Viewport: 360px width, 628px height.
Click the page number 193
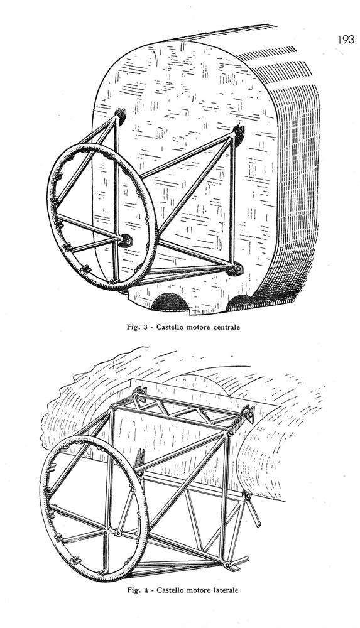pyautogui.click(x=346, y=40)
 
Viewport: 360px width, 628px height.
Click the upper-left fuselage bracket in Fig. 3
pyautogui.click(x=120, y=114)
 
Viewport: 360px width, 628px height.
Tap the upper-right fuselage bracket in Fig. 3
pyautogui.click(x=238, y=134)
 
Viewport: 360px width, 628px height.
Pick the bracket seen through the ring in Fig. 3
pyautogui.click(x=126, y=240)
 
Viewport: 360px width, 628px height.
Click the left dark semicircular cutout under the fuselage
pyautogui.click(x=170, y=303)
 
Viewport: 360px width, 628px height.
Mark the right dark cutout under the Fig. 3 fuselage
pyautogui.click(x=240, y=303)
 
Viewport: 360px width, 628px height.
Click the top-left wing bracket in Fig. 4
pyautogui.click(x=139, y=392)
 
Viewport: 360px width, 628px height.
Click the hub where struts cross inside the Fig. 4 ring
pyautogui.click(x=117, y=533)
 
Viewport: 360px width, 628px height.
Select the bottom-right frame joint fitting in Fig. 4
pyautogui.click(x=227, y=565)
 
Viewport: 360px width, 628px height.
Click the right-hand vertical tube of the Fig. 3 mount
pyautogui.click(x=232, y=200)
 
